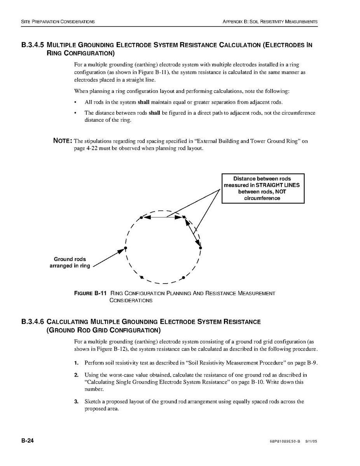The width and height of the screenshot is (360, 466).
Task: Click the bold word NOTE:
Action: pyautogui.click(x=62, y=141)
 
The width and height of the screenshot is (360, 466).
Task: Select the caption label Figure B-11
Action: pyautogui.click(x=90, y=293)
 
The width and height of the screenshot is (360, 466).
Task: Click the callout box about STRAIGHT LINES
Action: pyautogui.click(x=263, y=189)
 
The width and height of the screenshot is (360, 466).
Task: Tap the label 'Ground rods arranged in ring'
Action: pyautogui.click(x=70, y=263)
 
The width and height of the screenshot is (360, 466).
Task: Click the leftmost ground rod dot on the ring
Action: pyautogui.click(x=125, y=248)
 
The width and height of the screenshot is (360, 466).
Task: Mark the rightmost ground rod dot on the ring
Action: pyautogui.click(x=200, y=248)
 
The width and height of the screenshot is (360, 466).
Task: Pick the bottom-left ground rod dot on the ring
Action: pyautogui.click(x=142, y=277)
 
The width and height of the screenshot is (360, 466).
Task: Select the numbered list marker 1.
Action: pyautogui.click(x=76, y=363)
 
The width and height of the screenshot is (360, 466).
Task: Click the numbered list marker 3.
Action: pyautogui.click(x=76, y=401)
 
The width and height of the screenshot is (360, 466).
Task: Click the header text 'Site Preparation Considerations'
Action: pyautogui.click(x=58, y=22)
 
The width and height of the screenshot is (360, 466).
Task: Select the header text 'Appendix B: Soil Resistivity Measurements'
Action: pyautogui.click(x=270, y=22)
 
